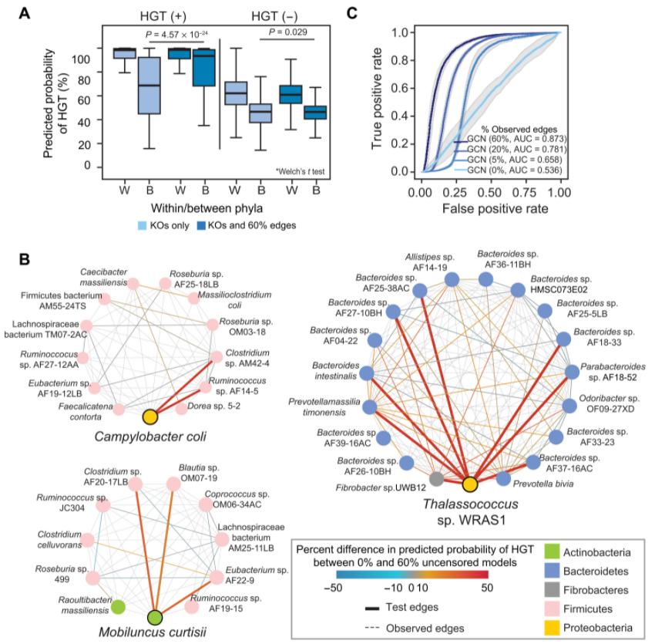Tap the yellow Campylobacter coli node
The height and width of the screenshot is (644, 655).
click(x=150, y=416)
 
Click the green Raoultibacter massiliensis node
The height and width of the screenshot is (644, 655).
click(x=118, y=606)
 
